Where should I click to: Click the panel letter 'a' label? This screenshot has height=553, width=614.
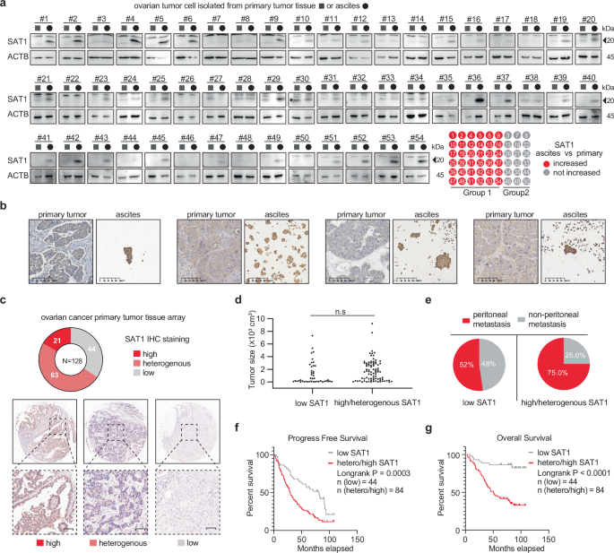[4, 5]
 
